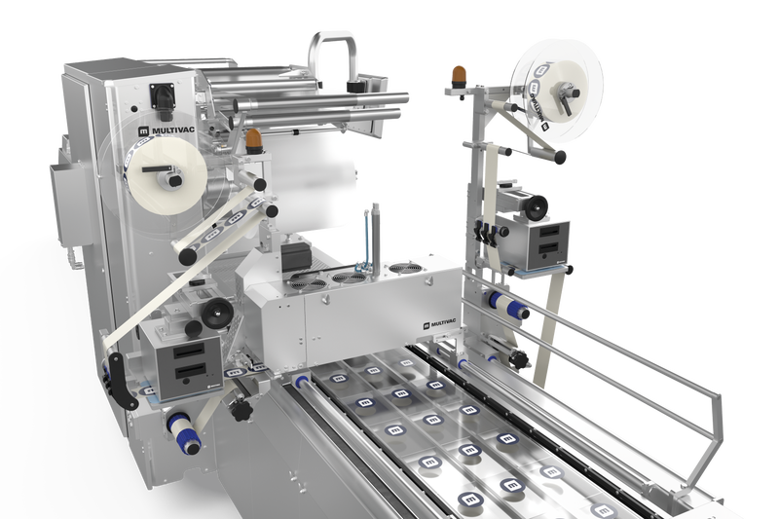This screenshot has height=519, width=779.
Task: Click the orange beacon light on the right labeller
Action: (458, 75)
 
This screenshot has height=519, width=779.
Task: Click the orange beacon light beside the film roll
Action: (254, 141)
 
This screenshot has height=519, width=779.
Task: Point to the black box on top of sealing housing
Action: (293, 258)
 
